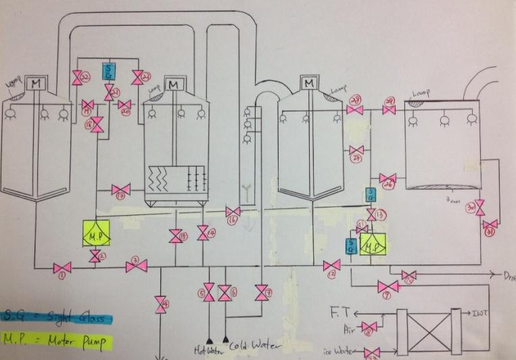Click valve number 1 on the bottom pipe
click(x=63, y=268)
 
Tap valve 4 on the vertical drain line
click(x=160, y=304)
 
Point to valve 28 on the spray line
click(x=356, y=108)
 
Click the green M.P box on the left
click(x=95, y=233)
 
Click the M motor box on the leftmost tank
click(x=34, y=84)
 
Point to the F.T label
click(x=339, y=313)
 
